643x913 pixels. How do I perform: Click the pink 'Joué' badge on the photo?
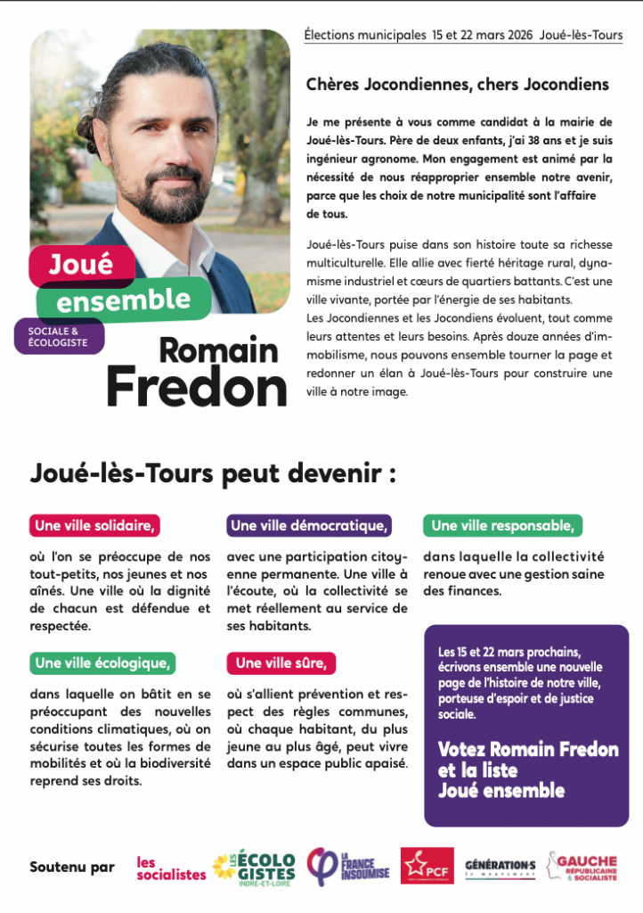pyautogui.click(x=81, y=264)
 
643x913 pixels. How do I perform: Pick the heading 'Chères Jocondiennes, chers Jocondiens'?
pyautogui.click(x=457, y=85)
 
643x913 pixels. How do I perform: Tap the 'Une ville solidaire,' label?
pyautogui.click(x=95, y=526)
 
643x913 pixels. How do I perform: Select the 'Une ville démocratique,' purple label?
pyautogui.click(x=309, y=526)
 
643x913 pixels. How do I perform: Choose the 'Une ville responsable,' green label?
pyautogui.click(x=502, y=526)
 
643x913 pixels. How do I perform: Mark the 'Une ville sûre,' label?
pyautogui.click(x=281, y=662)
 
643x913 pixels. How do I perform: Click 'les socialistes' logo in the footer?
pyautogui.click(x=170, y=868)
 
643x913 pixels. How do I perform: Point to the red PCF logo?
pyautogui.click(x=427, y=866)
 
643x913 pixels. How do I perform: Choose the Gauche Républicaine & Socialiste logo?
pyautogui.click(x=582, y=866)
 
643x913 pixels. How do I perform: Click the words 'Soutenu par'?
pyautogui.click(x=72, y=867)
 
